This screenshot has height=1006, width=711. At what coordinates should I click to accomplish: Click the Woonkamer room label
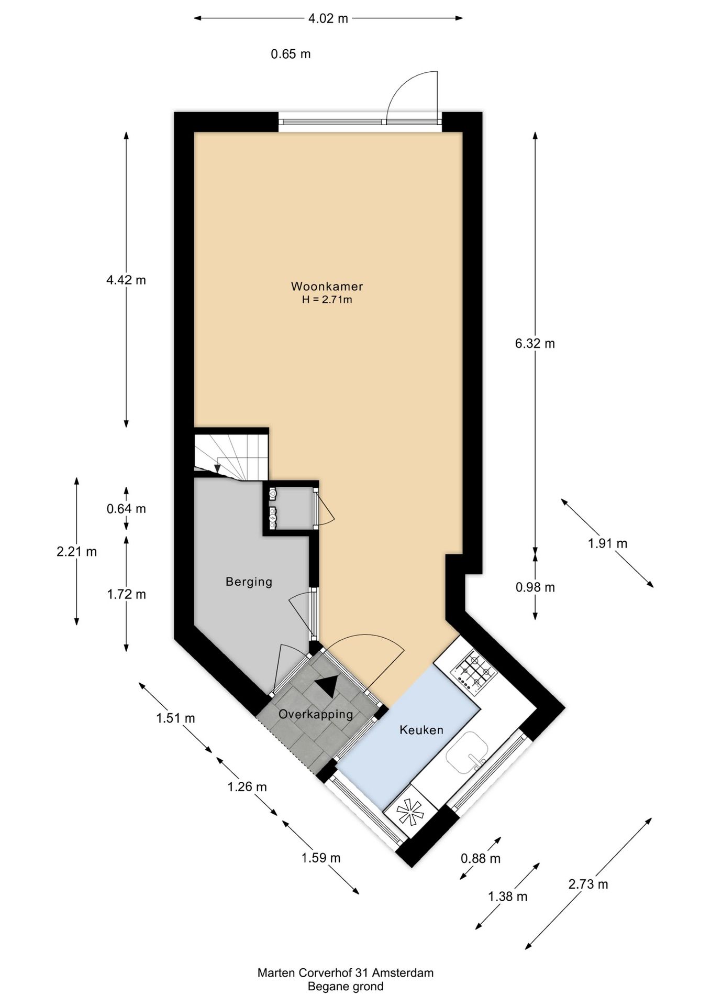327,287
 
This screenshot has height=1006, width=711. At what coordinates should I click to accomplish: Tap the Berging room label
249,582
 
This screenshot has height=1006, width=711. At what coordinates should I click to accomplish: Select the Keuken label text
421,730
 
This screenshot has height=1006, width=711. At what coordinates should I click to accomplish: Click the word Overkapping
315,714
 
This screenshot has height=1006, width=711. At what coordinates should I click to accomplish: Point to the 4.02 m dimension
328,19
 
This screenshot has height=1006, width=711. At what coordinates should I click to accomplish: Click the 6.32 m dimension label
535,344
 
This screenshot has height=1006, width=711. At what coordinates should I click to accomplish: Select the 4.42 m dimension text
126,280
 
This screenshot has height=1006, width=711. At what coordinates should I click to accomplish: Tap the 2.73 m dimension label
588,884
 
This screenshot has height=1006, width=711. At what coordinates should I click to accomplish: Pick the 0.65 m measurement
291,54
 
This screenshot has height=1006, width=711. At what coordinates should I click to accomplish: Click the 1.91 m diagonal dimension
607,543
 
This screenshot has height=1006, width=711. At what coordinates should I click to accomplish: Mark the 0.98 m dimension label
535,587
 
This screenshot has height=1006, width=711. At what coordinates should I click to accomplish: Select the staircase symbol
231,454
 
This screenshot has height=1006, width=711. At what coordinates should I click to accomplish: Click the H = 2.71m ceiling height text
327,300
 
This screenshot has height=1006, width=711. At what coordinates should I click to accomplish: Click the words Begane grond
345,987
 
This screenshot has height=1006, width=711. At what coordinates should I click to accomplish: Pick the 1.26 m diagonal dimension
247,786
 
